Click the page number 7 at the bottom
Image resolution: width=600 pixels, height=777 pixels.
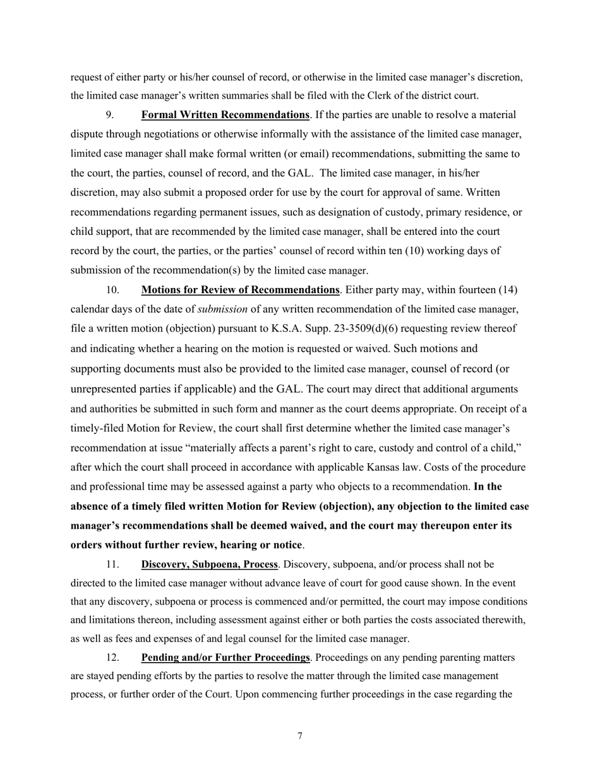300,736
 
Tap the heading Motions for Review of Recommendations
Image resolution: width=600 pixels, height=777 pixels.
240,290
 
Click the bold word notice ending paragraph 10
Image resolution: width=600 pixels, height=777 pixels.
286,545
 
